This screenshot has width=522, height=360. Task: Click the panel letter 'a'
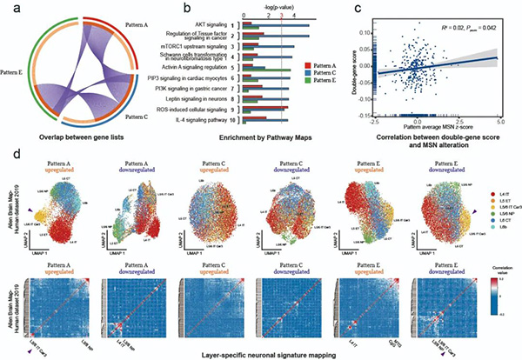tap(7, 9)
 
